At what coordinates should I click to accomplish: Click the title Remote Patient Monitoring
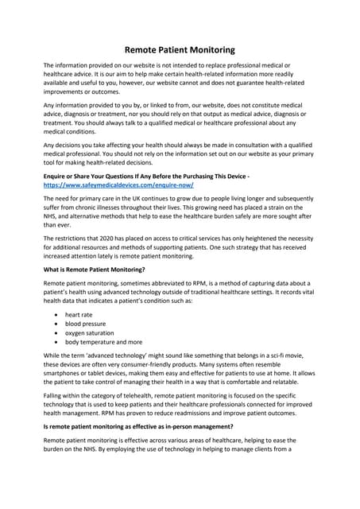(x=180, y=49)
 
